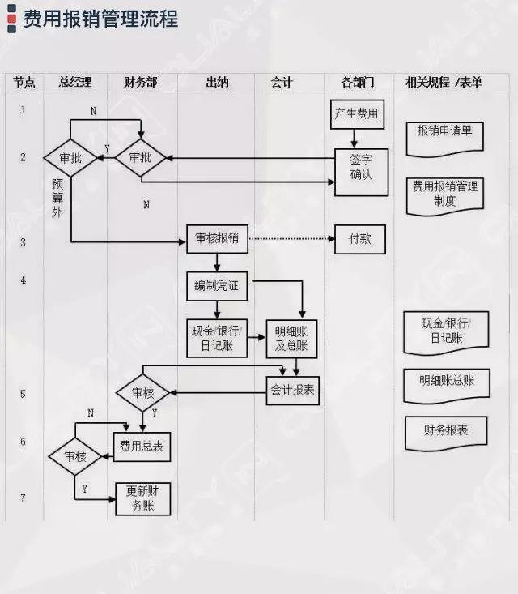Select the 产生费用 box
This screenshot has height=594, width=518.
(x=356, y=113)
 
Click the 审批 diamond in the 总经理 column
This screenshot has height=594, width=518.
(x=70, y=159)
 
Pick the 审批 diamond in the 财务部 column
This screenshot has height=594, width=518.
(x=140, y=158)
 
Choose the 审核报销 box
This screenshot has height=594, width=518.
(x=217, y=239)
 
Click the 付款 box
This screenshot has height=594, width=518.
(x=360, y=239)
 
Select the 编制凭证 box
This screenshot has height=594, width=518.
(x=217, y=285)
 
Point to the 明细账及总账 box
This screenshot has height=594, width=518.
(x=291, y=338)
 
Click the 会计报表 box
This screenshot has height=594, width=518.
(x=292, y=390)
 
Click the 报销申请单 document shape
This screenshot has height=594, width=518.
(x=444, y=132)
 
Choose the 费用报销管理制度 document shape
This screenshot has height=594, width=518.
(x=444, y=193)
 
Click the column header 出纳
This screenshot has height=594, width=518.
(x=216, y=83)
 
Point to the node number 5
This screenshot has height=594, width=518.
(x=23, y=394)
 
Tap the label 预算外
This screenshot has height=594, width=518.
(x=57, y=197)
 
